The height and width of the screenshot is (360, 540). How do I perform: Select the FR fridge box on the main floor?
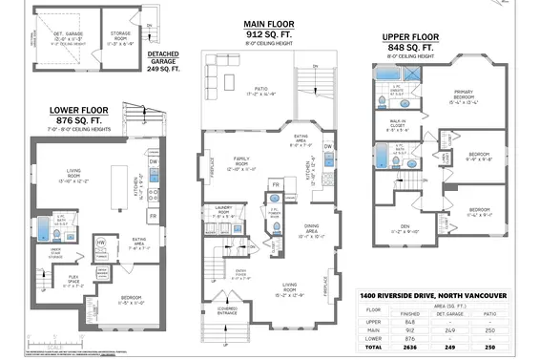coord(276,184)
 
